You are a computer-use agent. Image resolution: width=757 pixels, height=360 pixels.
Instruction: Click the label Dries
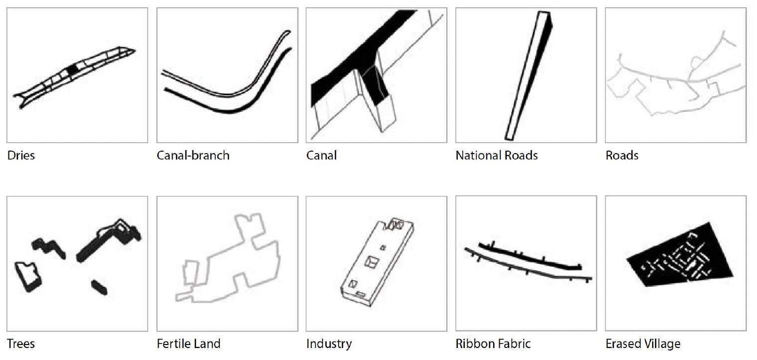21,155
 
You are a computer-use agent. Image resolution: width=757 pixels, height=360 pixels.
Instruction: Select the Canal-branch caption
193,155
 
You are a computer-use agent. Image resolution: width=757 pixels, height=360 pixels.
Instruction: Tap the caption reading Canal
321,155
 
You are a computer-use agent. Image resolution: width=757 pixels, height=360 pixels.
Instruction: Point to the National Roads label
497,155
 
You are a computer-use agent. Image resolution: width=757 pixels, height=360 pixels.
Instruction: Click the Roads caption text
622,155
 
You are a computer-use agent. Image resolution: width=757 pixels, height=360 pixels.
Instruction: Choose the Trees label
21,344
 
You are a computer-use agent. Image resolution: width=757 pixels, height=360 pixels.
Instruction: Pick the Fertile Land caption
189,344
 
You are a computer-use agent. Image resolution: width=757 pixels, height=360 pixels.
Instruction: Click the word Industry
329,344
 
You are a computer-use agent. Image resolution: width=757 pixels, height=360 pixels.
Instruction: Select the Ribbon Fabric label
493,344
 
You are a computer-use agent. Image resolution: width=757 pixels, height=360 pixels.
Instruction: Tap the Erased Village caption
643,344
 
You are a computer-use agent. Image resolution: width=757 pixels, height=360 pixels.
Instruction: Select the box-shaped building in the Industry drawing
377,259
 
